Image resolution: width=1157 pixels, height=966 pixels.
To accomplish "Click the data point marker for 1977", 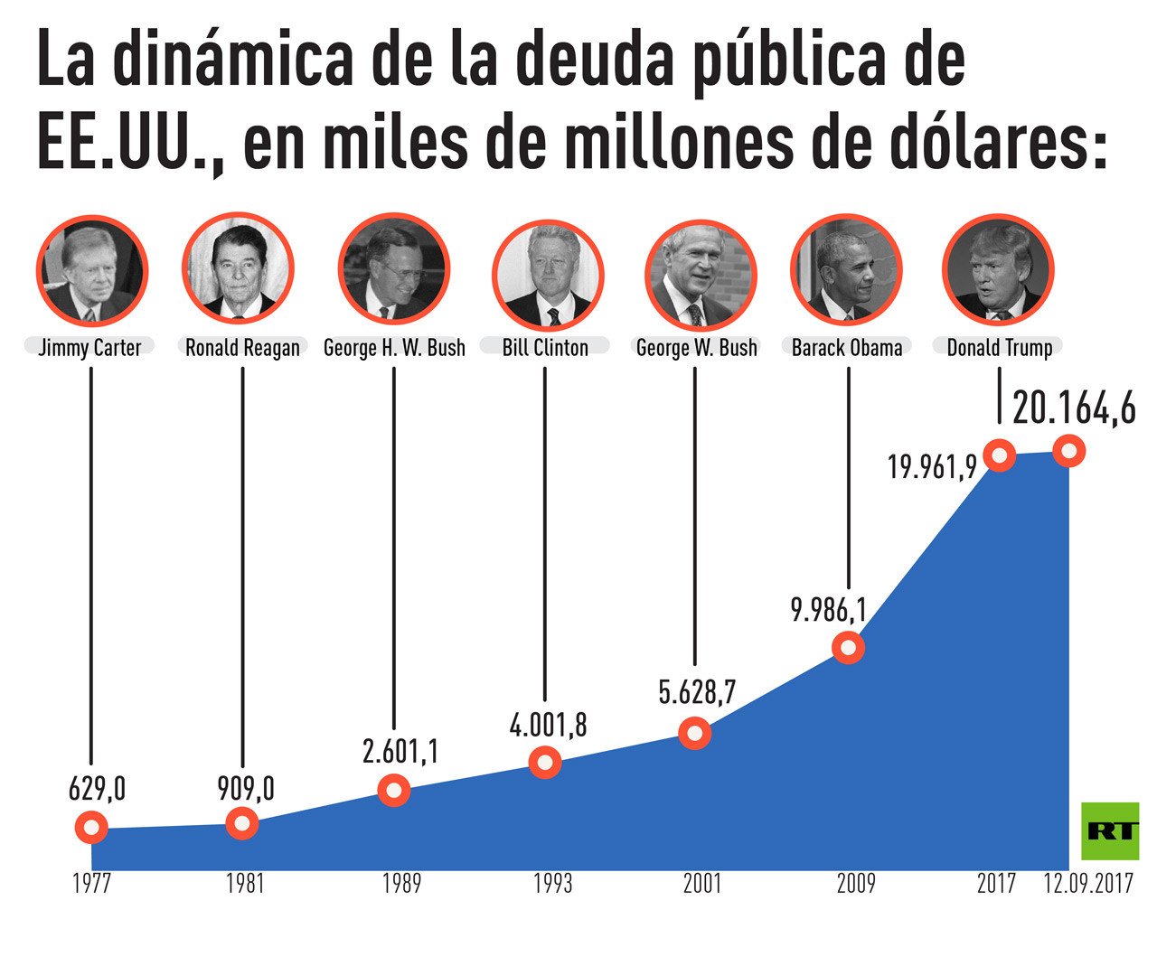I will coord(91,827).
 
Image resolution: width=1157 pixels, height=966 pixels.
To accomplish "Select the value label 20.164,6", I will coord(1074,408).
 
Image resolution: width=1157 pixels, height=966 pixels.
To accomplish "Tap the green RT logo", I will coord(1110,830).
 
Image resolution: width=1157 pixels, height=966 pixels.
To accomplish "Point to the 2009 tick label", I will coord(855,884).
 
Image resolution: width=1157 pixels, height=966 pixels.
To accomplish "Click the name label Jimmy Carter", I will coord(89,348).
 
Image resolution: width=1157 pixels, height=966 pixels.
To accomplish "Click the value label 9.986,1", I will coord(828,611).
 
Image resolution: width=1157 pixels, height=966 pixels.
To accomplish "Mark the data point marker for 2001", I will coord(695,733).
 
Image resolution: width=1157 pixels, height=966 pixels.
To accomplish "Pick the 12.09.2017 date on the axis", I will coord(1088,884).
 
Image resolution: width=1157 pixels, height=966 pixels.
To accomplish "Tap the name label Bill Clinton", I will coord(545,348).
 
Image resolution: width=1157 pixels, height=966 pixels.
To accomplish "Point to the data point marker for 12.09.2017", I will coord(1069,450).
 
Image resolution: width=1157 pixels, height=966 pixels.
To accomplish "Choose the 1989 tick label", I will coord(400,884).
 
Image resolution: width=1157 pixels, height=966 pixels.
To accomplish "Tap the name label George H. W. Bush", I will coord(394,348).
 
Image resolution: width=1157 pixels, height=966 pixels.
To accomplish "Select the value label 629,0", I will coord(97,789).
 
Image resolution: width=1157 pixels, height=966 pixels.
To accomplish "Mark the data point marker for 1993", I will coord(545,763).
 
